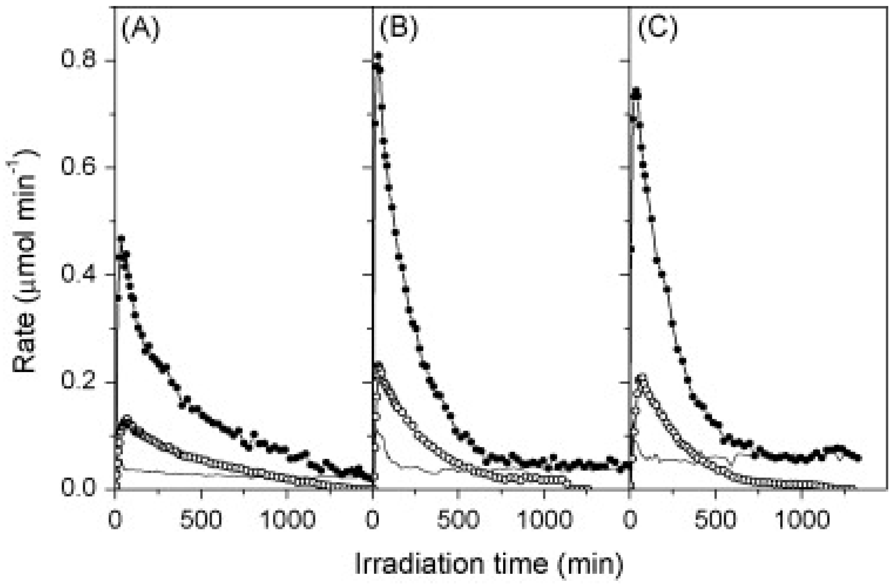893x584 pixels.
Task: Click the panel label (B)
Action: pyautogui.click(x=398, y=30)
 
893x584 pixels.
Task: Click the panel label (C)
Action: pyautogui.click(x=658, y=30)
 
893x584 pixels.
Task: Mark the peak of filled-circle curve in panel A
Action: pyautogui.click(x=121, y=238)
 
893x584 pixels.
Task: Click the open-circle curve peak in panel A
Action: pyautogui.click(x=127, y=418)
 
